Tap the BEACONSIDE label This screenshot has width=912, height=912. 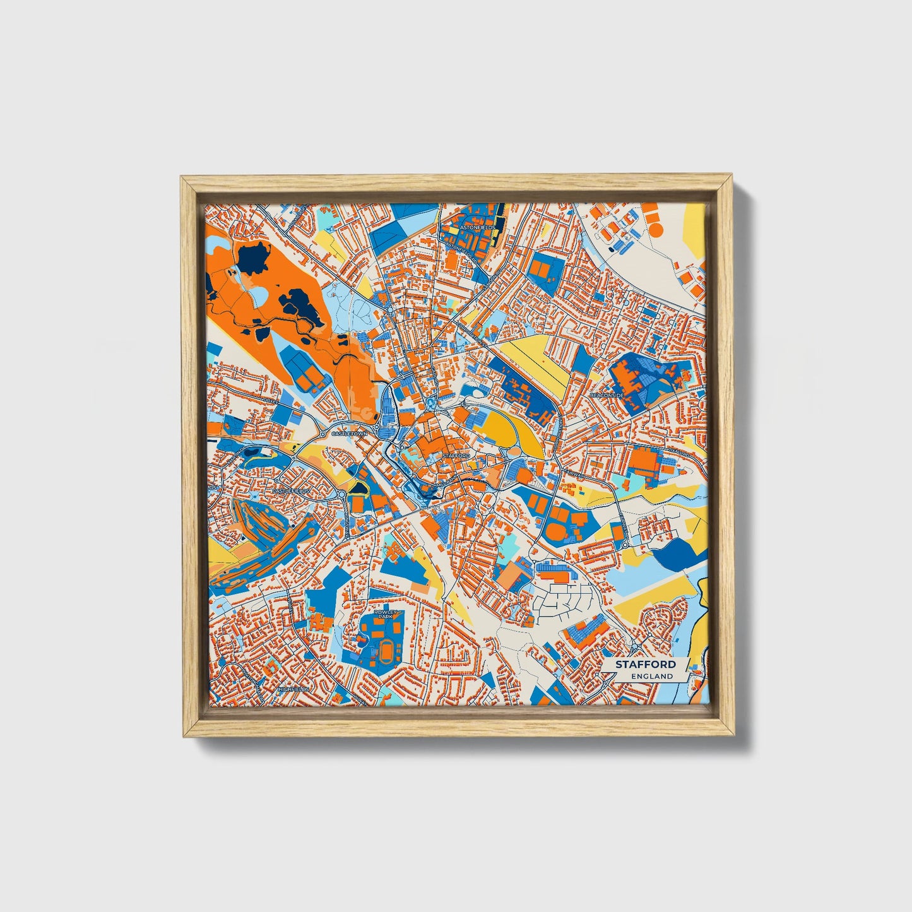[607, 395]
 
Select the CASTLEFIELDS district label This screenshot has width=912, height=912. [291, 490]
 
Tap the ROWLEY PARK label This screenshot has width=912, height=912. [384, 615]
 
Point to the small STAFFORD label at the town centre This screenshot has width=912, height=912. [456, 455]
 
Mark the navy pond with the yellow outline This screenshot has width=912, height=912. [359, 487]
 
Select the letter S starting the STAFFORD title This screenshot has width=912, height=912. [619, 665]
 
